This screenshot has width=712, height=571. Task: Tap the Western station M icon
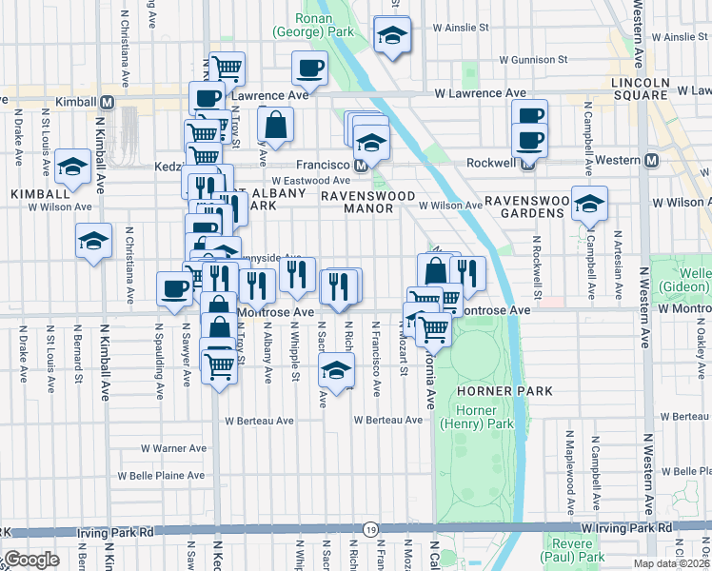(x=651, y=160)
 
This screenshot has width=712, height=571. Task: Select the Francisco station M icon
(x=361, y=165)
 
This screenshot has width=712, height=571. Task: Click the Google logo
(x=31, y=560)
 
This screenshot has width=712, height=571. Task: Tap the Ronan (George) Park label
(x=302, y=25)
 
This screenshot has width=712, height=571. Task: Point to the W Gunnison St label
(x=527, y=59)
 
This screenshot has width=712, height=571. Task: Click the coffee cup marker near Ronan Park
(x=310, y=69)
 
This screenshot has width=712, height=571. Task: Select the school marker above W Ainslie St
(x=391, y=36)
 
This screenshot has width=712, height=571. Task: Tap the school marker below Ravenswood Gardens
(x=589, y=205)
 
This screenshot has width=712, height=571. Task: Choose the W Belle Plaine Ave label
(x=161, y=475)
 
